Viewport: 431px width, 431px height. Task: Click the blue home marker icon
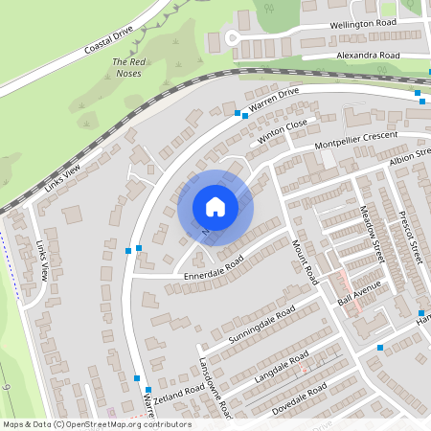click(x=215, y=207)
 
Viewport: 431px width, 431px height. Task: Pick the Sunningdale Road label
click(x=261, y=328)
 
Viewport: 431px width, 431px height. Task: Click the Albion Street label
click(x=411, y=157)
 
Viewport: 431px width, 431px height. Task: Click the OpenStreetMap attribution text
click(x=97, y=424)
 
